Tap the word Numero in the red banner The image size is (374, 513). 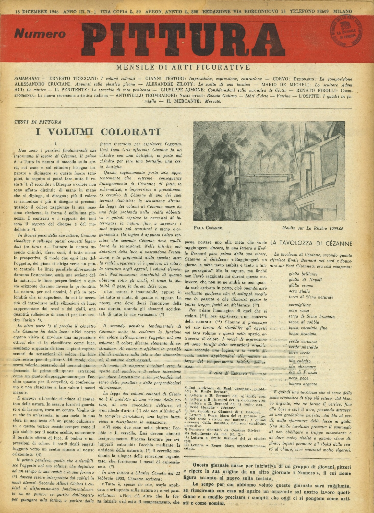click(x=40, y=34)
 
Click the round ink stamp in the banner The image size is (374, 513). click(x=346, y=31)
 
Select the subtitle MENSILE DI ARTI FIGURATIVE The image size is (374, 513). click(x=183, y=67)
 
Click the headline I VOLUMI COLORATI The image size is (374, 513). click(x=98, y=132)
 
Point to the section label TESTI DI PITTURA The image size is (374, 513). click(x=38, y=122)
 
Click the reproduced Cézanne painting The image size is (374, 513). click(x=269, y=171)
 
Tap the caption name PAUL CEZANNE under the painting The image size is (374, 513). click(x=208, y=228)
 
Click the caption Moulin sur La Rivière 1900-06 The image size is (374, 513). click(x=312, y=228)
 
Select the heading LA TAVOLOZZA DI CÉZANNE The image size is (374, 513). click(x=311, y=243)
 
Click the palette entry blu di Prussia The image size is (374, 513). click(x=303, y=372)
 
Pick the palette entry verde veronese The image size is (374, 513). click(x=303, y=341)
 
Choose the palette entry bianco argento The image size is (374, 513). click(x=303, y=384)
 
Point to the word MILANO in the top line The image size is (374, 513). click(x=342, y=11)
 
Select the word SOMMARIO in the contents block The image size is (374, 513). click(x=27, y=79)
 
